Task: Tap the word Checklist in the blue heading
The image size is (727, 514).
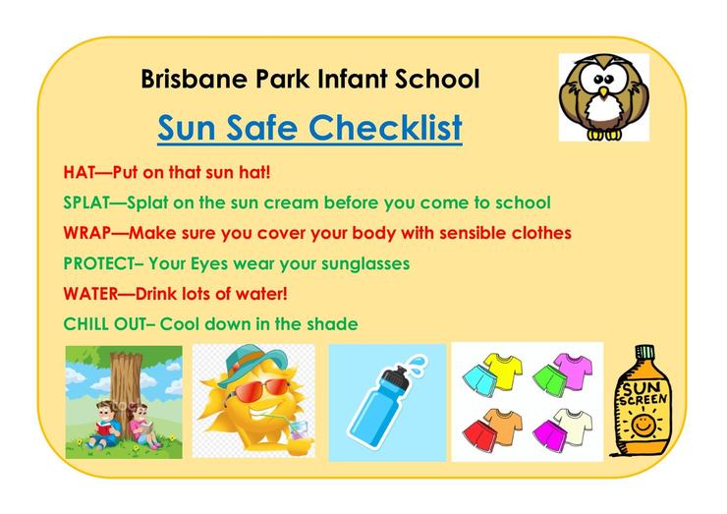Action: point(385,128)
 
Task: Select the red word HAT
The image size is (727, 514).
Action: point(79,173)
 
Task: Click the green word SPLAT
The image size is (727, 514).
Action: point(86,202)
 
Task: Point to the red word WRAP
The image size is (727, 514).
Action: point(87,233)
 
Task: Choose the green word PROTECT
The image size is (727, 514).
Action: point(99,263)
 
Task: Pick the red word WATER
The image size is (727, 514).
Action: point(90,294)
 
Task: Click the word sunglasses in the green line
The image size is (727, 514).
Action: point(365,264)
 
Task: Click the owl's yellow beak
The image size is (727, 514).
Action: point(603,92)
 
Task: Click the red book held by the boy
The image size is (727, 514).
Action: point(105,426)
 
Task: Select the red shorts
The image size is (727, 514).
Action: point(479,432)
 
